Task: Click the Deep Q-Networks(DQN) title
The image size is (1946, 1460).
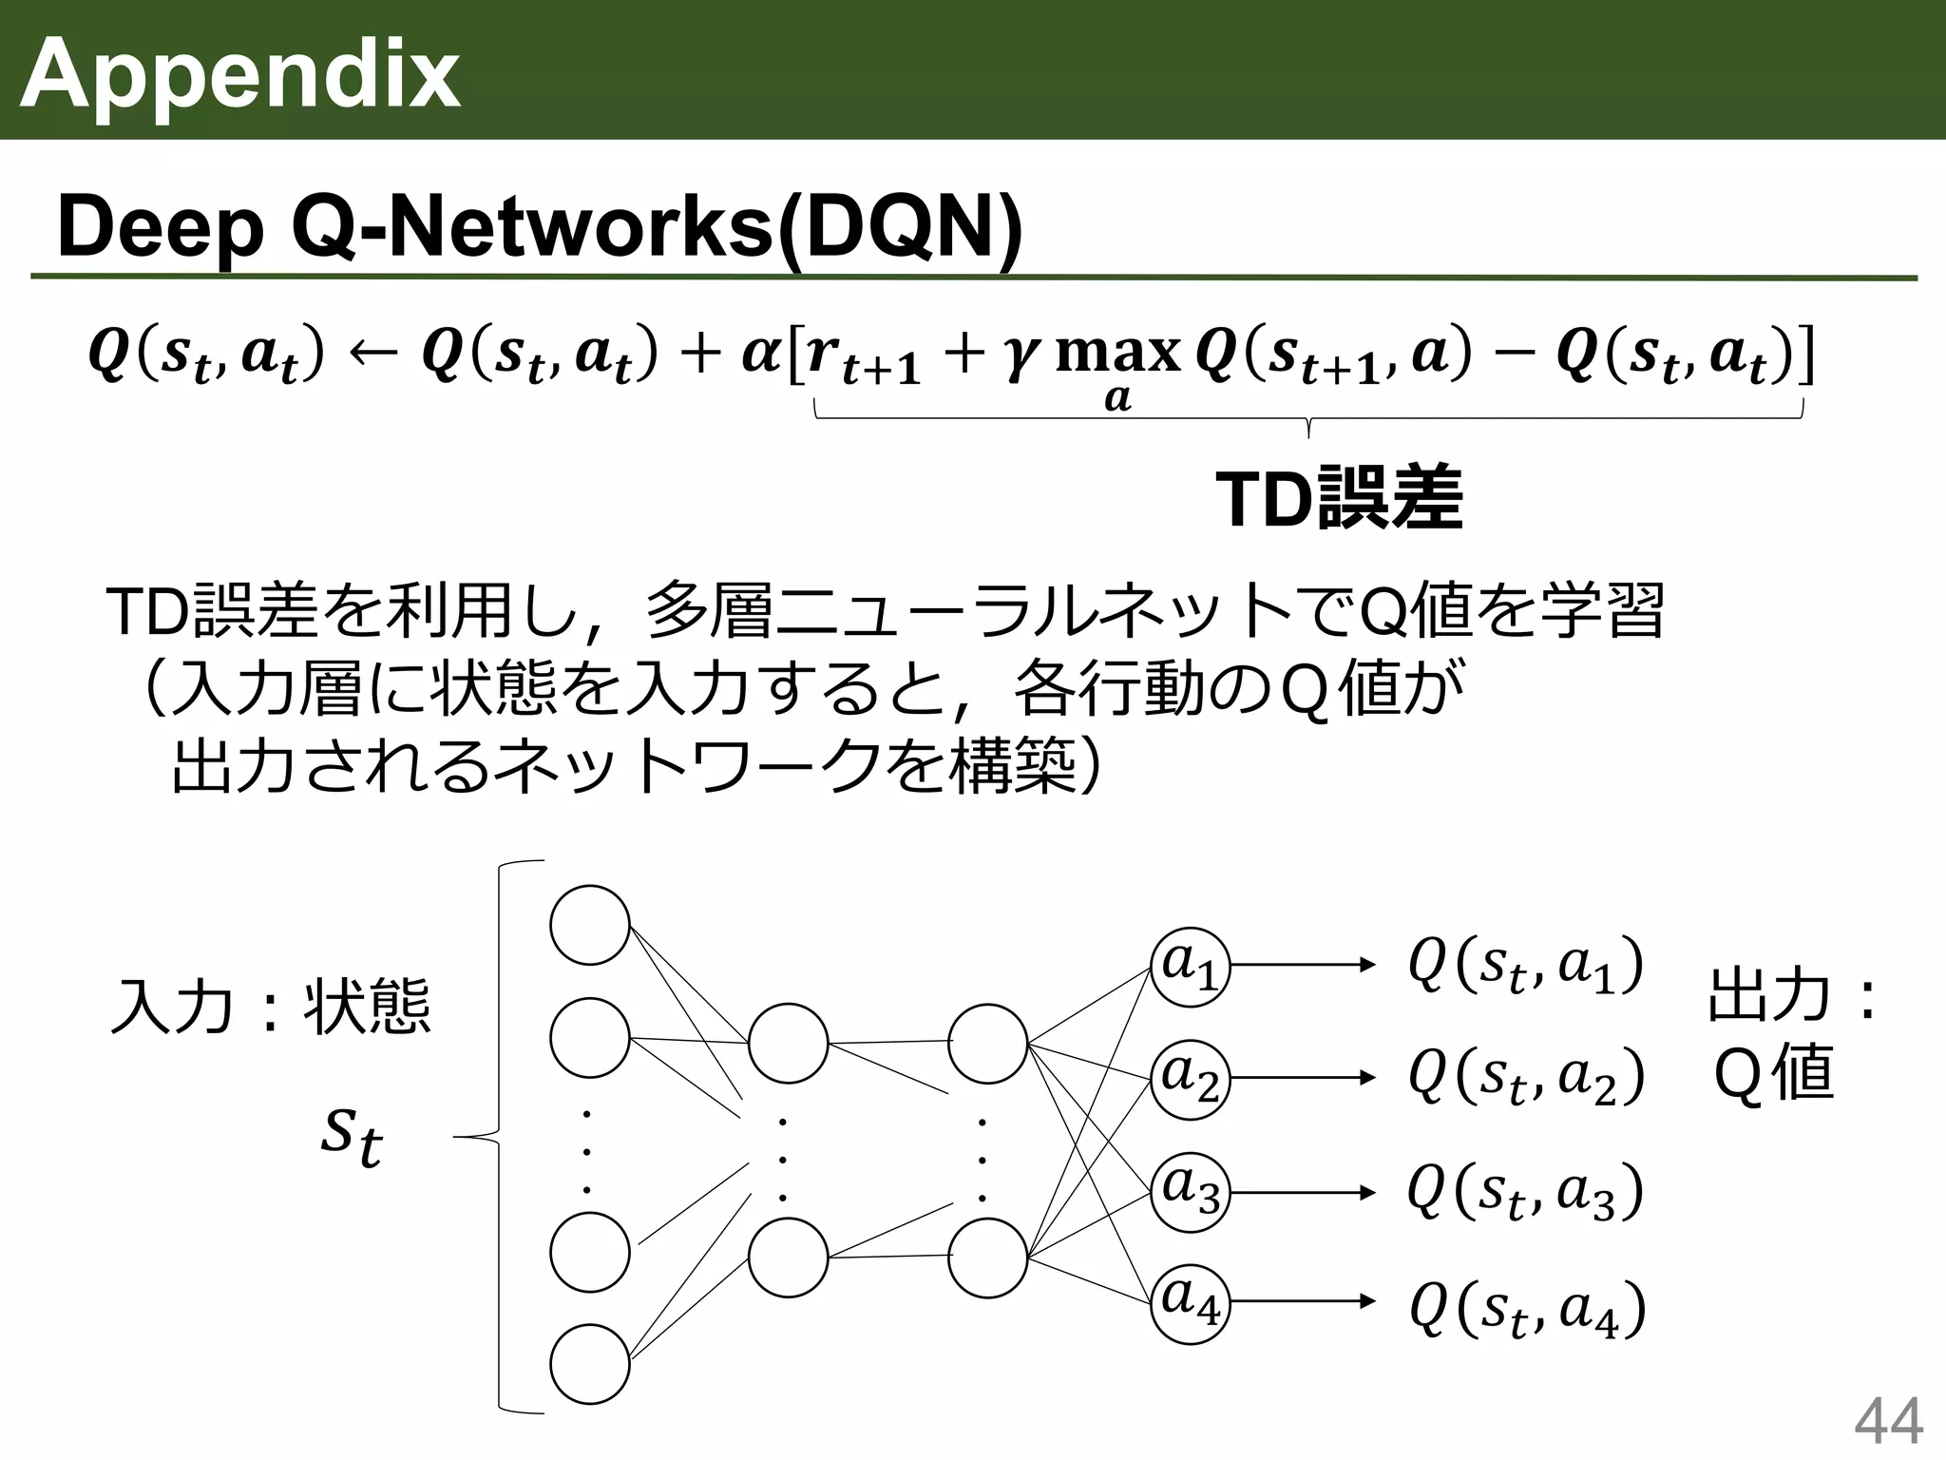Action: tap(540, 228)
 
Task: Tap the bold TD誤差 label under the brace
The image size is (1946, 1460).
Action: tap(1339, 499)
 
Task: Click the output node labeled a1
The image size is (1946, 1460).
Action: tap(1190, 967)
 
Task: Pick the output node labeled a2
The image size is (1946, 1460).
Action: tap(1190, 1079)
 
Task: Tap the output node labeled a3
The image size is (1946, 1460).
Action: tap(1190, 1192)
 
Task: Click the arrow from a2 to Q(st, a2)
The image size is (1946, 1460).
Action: tap(1302, 1078)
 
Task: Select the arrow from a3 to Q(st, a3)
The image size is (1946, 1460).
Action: tap(1302, 1192)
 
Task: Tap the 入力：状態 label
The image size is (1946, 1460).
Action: tap(271, 1006)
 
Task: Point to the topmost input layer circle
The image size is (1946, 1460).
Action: tap(590, 925)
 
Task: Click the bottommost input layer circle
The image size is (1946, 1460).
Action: tap(590, 1365)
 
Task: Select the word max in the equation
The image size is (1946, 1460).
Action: tap(1117, 353)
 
